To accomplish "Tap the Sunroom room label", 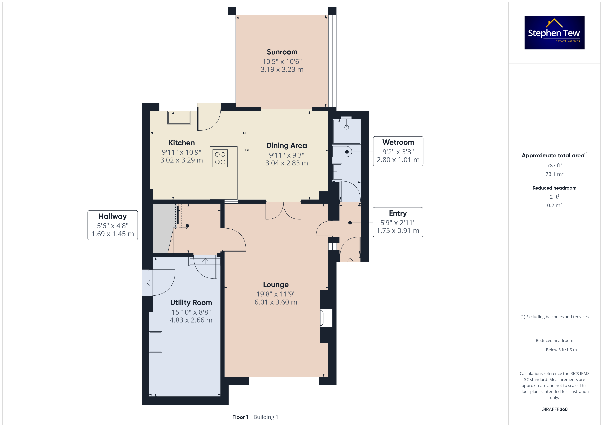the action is coord(282,52).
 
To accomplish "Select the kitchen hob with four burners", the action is coord(220,158).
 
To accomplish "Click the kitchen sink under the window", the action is coord(179,118).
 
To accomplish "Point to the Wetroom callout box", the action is coord(398,151).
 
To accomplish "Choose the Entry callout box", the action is coord(398,222).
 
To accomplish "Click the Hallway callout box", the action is coord(113,225).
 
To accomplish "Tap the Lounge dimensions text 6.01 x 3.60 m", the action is coord(276,302).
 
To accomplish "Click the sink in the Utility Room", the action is coord(156,342).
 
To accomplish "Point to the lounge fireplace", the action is coord(326,318).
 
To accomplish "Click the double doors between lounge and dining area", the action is coord(283,211).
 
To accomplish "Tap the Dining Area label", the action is coord(286,145).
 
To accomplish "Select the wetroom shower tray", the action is coord(346,131).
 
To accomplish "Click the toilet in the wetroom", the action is coord(342,152).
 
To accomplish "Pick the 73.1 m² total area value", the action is coord(554,174).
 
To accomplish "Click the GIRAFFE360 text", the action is coord(554,409).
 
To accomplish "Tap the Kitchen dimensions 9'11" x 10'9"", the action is coord(182,152).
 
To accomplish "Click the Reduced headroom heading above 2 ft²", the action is coord(554,188).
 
